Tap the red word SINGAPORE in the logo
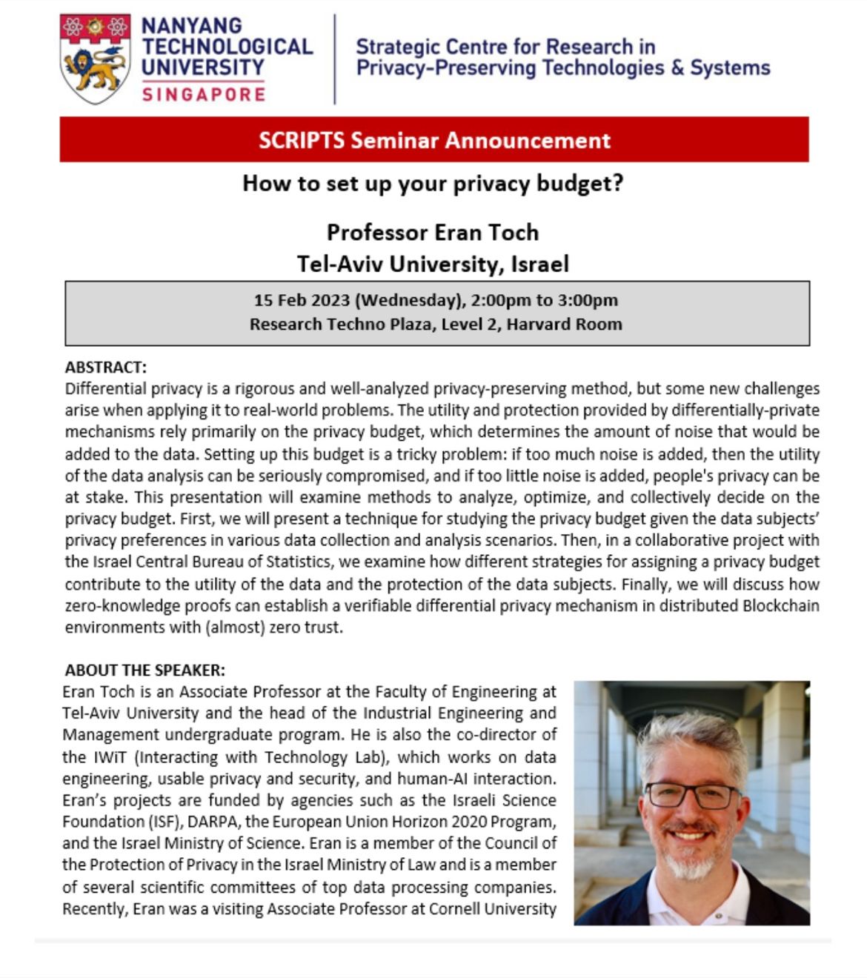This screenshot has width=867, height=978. coord(203,94)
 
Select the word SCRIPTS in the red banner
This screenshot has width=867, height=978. coord(302,140)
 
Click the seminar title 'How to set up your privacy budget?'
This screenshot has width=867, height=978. coord(433,183)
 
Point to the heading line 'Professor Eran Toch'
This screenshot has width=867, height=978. coord(433,233)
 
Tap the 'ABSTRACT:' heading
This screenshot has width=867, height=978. coord(106,367)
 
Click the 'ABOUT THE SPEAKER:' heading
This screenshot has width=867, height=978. coord(144,671)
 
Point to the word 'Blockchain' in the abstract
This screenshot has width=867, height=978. coord(781,605)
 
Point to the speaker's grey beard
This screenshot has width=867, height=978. coord(690,859)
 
